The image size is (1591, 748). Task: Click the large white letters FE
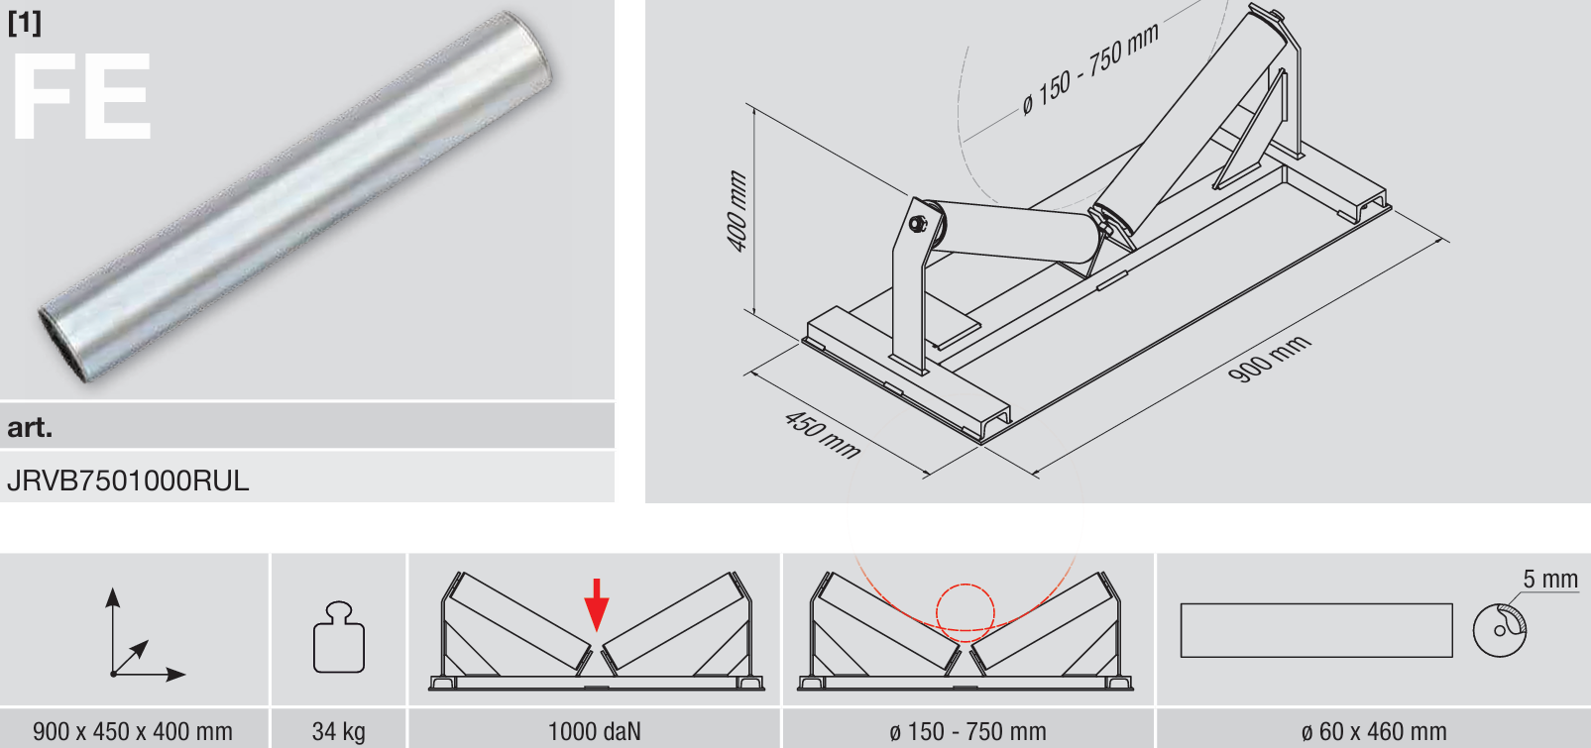point(81,96)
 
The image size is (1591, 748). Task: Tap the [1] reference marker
point(25,23)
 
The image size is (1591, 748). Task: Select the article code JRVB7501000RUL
point(128,481)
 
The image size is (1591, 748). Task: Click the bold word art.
point(30,427)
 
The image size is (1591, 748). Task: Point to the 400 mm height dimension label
point(738,211)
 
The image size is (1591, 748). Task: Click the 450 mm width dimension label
point(823,434)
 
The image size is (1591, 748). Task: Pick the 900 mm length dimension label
point(1269,359)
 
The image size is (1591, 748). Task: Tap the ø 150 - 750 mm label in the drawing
point(1090,68)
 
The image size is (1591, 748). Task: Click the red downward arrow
point(597,604)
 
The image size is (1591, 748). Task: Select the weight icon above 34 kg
point(339,637)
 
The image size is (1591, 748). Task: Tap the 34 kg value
point(339,731)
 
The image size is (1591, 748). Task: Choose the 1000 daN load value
point(595,731)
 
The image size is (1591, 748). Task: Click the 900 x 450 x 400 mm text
point(133,731)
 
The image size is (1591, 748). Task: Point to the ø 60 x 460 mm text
point(1374,731)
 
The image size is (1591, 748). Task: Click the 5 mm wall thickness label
point(1549,580)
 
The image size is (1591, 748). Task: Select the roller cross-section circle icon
point(1500,630)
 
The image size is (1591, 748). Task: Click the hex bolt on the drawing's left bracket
point(918,224)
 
